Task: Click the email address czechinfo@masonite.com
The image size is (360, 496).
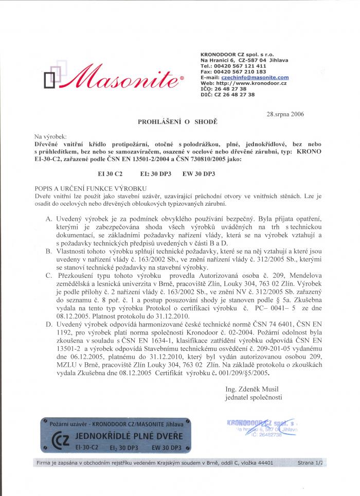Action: click(x=251, y=77)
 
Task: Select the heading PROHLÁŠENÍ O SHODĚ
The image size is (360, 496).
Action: click(x=178, y=123)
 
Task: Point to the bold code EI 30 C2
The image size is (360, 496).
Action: click(x=110, y=174)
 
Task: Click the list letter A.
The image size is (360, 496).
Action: click(x=49, y=219)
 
